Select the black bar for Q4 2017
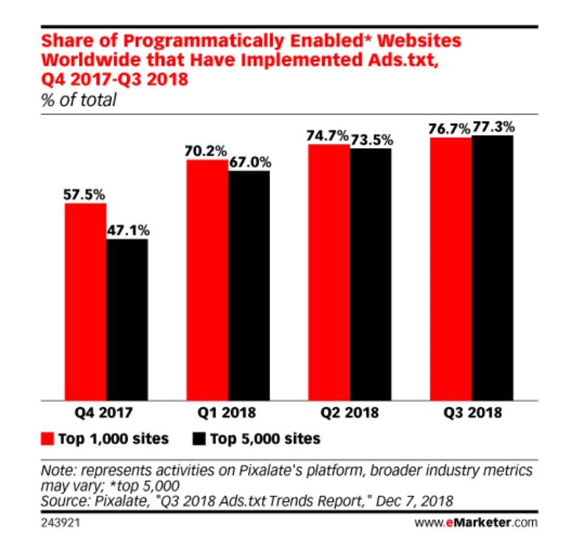pyautogui.click(x=127, y=319)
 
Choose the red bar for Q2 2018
pyautogui.click(x=328, y=271)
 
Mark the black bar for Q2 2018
pyautogui.click(x=371, y=274)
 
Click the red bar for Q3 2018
pyautogui.click(x=450, y=268)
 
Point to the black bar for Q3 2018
pyautogui.click(x=492, y=267)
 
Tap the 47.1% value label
pyautogui.click(x=127, y=229)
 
